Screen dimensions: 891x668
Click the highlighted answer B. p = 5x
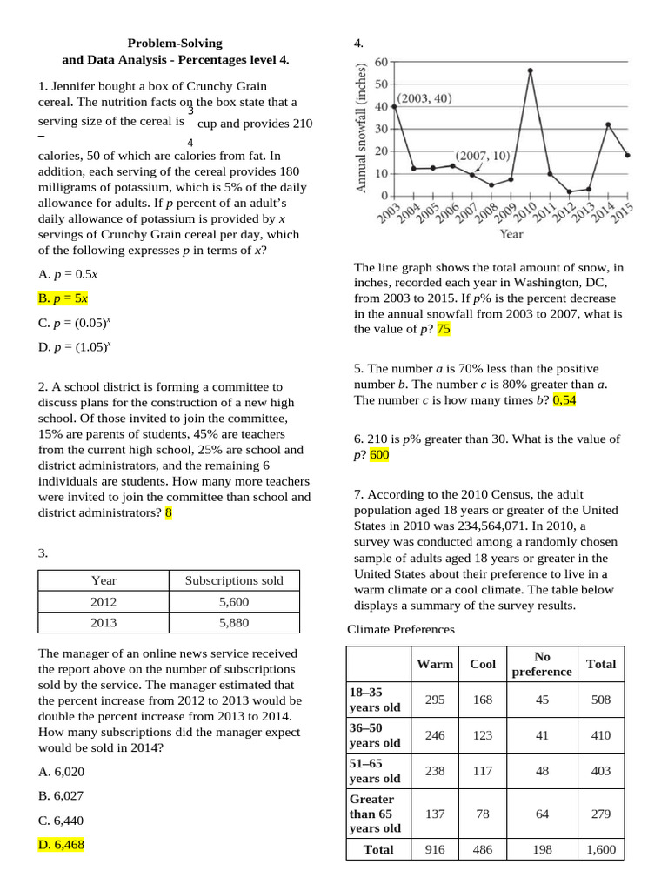coord(63,298)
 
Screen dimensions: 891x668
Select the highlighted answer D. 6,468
coord(61,844)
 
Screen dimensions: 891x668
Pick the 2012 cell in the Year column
coord(104,601)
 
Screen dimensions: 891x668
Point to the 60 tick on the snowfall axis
coord(381,63)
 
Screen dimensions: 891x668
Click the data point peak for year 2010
coord(531,70)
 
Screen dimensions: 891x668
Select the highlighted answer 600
coord(379,454)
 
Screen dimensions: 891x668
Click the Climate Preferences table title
coord(401,629)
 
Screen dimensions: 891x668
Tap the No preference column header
coord(542,664)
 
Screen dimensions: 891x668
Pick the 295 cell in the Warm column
coord(434,700)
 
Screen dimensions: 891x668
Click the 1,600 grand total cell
coord(600,849)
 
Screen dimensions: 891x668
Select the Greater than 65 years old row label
coord(375,813)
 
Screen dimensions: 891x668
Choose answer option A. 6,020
coord(62,771)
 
